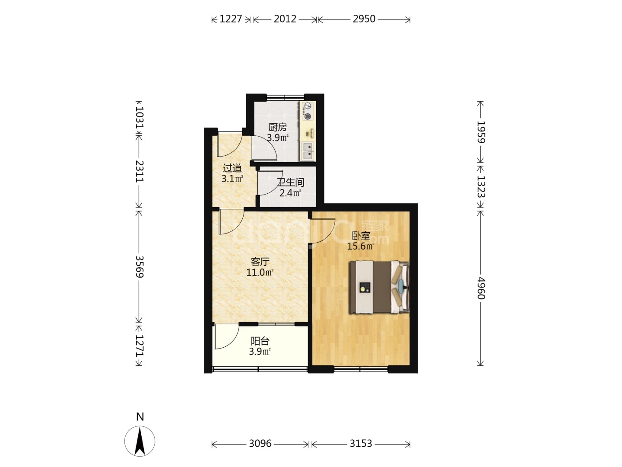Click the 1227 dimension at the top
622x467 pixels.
231,19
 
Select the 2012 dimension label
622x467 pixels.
285,19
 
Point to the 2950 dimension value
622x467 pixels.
364,19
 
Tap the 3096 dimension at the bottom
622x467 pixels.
260,443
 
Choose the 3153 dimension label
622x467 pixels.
360,443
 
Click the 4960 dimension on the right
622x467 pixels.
481,288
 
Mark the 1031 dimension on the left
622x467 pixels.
139,117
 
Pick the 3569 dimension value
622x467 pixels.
139,267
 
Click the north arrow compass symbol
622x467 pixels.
140,441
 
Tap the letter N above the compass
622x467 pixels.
140,417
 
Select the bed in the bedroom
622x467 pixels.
379,287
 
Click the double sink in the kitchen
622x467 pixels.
308,151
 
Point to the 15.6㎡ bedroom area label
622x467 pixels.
360,246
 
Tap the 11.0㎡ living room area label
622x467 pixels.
260,272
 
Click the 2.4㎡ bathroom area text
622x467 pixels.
290,193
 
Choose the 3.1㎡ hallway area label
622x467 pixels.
232,179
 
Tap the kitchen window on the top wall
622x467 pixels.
285,97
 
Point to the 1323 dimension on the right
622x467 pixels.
481,186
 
